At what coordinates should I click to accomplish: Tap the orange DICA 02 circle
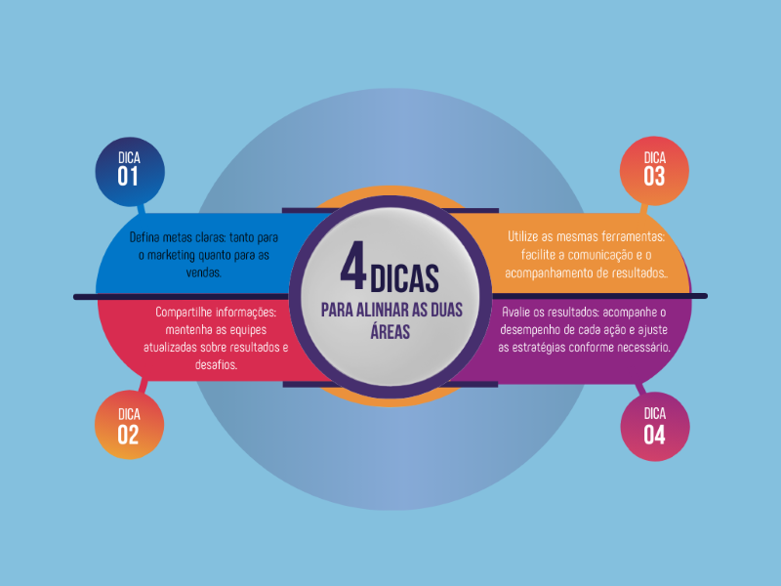[x=129, y=427]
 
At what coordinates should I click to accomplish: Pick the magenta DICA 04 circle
[x=655, y=427]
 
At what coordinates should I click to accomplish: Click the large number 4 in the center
[x=353, y=270]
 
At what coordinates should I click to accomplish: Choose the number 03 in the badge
[x=654, y=177]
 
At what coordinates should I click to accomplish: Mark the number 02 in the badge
[x=129, y=436]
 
